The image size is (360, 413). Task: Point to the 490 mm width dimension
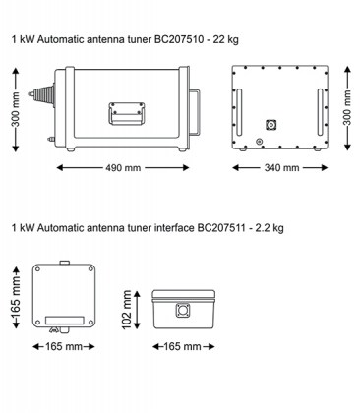pyautogui.click(x=117, y=167)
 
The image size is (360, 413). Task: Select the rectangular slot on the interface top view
pyautogui.click(x=62, y=320)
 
